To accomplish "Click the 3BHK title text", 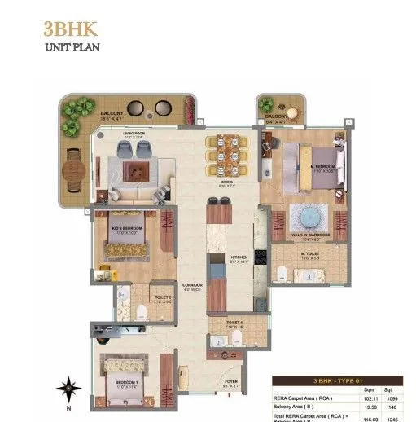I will tap(70, 29).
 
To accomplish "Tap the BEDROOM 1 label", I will tap(124, 383).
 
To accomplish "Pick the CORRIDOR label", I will tap(192, 284).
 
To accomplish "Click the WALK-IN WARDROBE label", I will tap(311, 236).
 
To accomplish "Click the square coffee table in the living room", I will tap(136, 170).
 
